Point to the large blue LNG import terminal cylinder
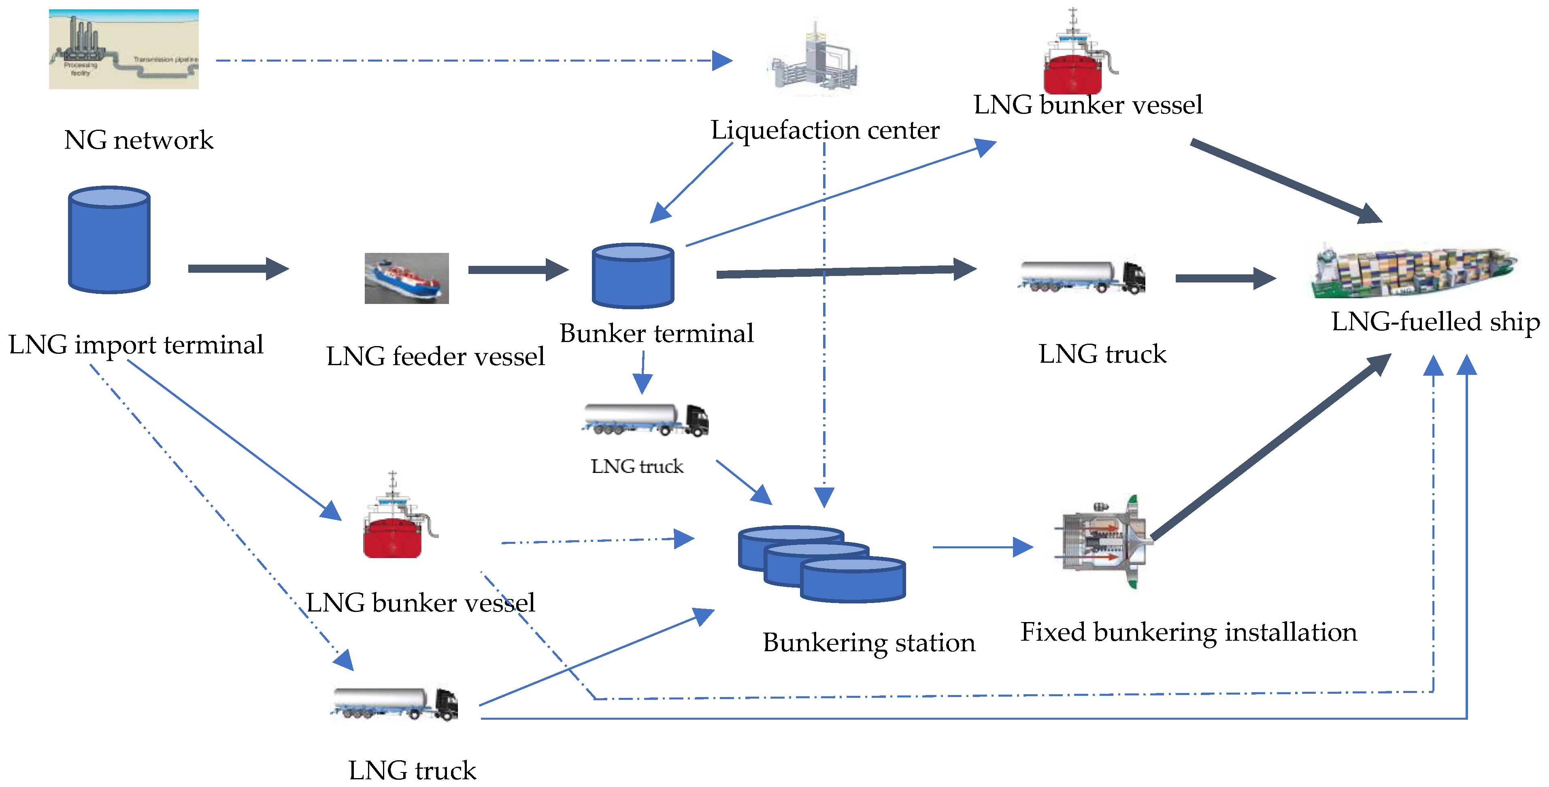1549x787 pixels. (x=109, y=240)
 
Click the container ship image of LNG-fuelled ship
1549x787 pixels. (x=1413, y=272)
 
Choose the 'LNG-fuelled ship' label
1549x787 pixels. (x=1435, y=321)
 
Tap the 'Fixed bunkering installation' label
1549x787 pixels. (x=1188, y=632)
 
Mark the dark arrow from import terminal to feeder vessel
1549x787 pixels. (x=238, y=268)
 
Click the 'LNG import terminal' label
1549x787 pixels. (x=136, y=345)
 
